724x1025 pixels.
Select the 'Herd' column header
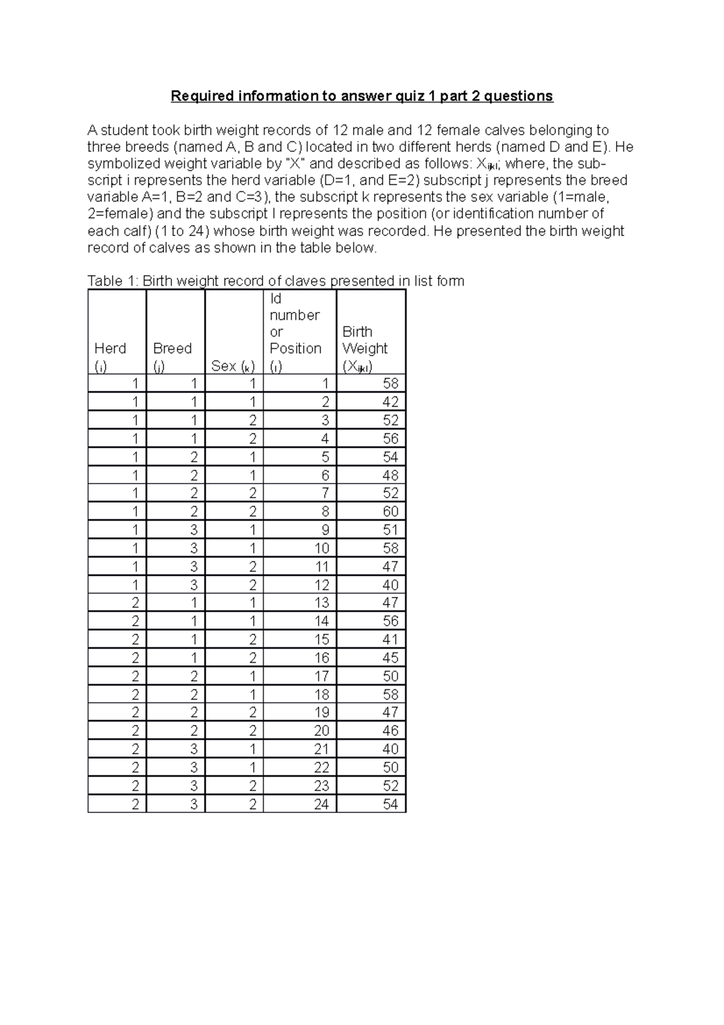click(110, 349)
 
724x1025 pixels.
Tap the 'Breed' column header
click(173, 349)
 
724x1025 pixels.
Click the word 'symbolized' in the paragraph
click(122, 164)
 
